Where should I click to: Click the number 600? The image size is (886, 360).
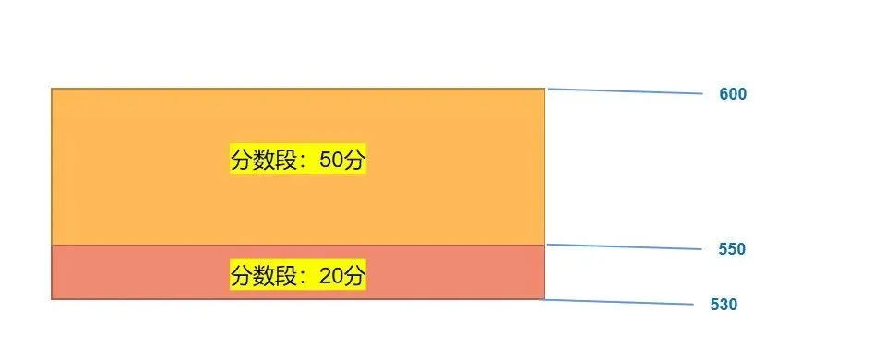[733, 94]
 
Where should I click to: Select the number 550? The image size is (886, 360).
[732, 249]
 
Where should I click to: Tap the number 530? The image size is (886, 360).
[724, 305]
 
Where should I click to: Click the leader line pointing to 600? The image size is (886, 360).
[626, 91]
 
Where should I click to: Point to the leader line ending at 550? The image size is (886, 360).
[626, 247]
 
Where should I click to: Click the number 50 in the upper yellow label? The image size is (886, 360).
[330, 160]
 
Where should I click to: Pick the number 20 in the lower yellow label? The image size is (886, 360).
[330, 275]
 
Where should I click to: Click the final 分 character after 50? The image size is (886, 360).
[354, 160]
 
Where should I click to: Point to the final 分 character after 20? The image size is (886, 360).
[354, 275]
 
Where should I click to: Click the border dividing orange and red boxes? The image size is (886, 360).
[297, 246]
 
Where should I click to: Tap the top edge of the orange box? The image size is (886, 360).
[297, 89]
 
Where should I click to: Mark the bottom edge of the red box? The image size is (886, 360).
[297, 299]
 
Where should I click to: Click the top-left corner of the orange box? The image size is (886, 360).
[52, 89]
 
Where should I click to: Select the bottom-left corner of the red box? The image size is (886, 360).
[52, 299]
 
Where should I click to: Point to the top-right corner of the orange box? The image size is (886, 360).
[545, 89]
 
